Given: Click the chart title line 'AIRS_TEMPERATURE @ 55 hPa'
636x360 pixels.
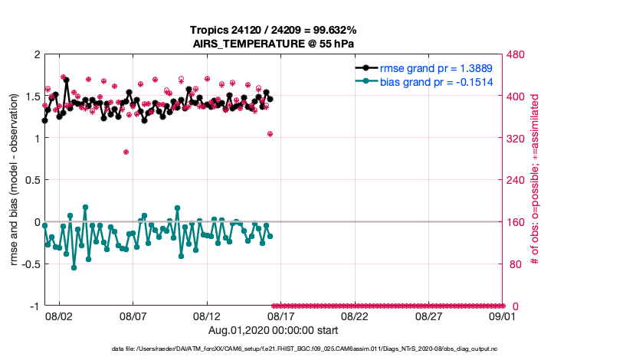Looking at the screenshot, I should [274, 44].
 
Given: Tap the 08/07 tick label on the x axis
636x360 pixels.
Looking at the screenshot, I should [133, 316].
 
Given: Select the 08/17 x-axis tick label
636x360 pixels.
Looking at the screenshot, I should [280, 316].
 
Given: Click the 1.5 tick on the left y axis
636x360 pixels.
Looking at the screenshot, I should [31, 97].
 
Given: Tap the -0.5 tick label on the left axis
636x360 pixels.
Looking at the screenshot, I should [29, 264].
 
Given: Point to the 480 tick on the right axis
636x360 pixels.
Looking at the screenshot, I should [516, 55].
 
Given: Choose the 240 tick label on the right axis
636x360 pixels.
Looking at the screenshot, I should [516, 181].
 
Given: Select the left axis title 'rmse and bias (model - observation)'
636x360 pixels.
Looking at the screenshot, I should [15, 180].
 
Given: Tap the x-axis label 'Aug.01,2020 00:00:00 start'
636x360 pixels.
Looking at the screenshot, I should [274, 331].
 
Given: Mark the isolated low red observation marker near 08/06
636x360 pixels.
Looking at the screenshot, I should [126, 152].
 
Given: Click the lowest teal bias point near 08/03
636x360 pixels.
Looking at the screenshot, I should [74, 267].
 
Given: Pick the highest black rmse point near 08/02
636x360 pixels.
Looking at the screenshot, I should [67, 80].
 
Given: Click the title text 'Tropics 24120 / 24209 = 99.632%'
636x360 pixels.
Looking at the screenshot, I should [274, 30].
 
